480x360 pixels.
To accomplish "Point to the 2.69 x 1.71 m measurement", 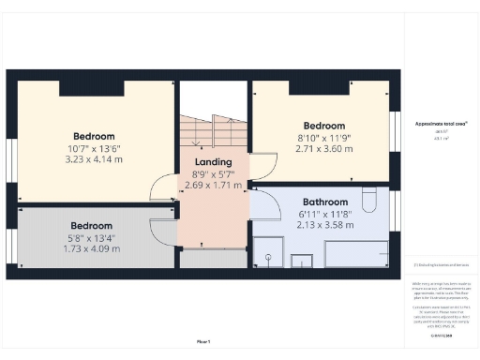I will click(213, 186).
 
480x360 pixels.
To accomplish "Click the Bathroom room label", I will click(325, 202).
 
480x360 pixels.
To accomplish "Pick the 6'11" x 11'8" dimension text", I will click(325, 214).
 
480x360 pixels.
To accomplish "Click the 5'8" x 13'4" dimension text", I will click(92, 237).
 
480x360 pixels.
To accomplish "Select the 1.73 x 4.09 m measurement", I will click(92, 249).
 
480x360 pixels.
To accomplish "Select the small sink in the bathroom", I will click(303, 260).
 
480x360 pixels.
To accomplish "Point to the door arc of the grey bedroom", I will click(165, 228).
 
